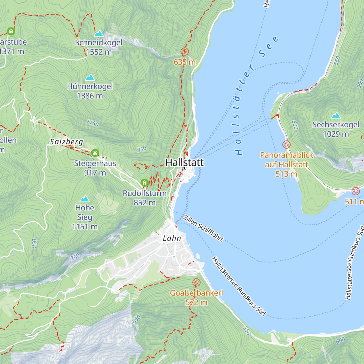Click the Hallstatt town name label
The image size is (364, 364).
tap(184, 162)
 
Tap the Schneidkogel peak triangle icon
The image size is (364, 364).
tap(99, 34)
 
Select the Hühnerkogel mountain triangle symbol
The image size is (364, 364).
tap(90, 78)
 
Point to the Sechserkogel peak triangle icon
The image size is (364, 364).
tap(335, 116)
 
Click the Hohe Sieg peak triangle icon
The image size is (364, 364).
tap(85, 199)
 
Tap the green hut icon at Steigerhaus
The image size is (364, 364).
tap(95, 153)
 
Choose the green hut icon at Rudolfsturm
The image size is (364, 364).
tap(144, 183)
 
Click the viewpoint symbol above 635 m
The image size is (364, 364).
tap(184, 52)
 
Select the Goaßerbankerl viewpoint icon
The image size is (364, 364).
tap(196, 283)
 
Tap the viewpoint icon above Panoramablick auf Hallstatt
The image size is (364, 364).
tap(286, 144)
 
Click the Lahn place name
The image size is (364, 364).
tap(172, 238)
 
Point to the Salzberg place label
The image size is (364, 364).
tap(66, 142)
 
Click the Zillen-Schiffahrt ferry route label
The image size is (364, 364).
tap(203, 228)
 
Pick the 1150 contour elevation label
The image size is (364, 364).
tap(93, 123)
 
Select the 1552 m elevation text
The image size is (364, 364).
tap(99, 52)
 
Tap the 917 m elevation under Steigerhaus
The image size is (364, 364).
tap(95, 173)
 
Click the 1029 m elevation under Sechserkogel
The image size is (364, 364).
tap(336, 134)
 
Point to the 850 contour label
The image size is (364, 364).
tap(136, 319)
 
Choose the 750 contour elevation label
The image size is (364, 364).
tap(75, 257)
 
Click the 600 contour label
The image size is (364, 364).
tap(340, 341)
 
